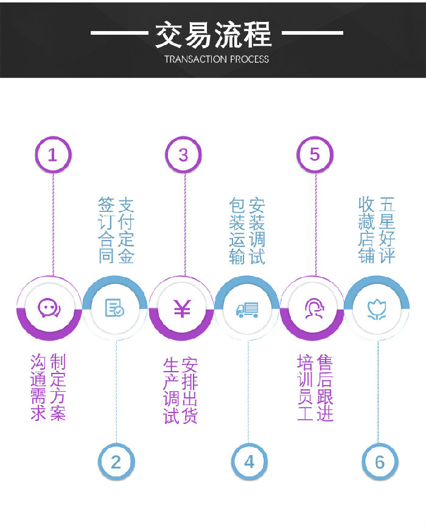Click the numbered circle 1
coord(52,155)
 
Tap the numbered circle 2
coord(116,461)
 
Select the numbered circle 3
coord(183,155)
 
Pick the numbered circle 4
coord(249,461)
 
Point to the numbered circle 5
coord(315,155)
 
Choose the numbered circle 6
coord(380,461)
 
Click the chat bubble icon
coord(49,308)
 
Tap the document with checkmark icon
coord(114,308)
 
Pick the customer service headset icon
coord(313,308)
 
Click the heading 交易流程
coord(213,34)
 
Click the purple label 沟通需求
coord(38,387)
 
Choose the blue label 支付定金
coord(126,230)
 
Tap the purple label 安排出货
coord(189,390)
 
